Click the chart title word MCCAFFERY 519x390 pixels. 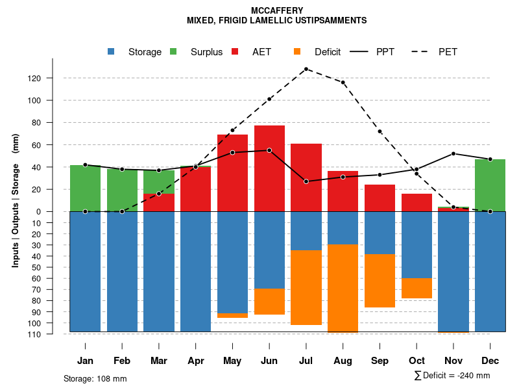coord(276,11)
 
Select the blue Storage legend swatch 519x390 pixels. coord(112,52)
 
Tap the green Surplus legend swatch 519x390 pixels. coord(173,52)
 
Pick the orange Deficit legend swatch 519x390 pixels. coord(297,52)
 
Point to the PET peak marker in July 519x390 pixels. coord(306,69)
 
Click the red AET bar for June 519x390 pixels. coord(269,169)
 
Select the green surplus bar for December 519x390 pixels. coord(490,185)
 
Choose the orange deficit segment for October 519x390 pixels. coord(416,288)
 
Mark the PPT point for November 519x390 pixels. coord(453,154)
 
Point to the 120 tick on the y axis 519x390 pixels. coord(52,79)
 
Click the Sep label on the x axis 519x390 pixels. coord(380,361)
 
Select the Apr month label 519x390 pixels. coord(195,361)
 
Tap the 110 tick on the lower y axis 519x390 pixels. coord(52,334)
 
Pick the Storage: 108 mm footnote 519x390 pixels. coord(95,378)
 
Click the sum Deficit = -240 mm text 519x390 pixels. coord(452,376)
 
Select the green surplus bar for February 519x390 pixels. coord(122,190)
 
